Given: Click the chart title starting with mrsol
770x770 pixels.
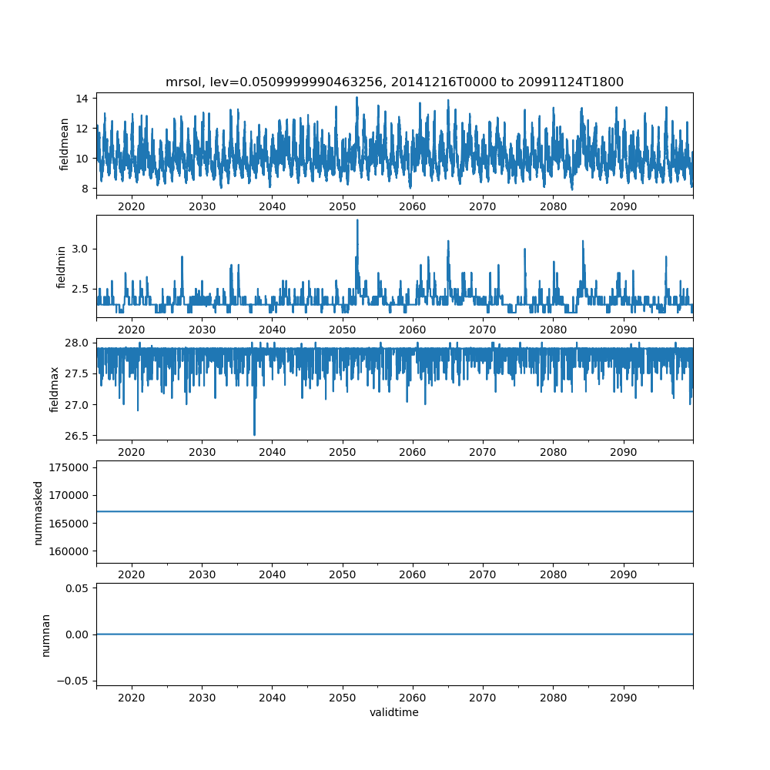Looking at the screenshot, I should point(394,82).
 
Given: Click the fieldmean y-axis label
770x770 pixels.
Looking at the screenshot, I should point(65,144).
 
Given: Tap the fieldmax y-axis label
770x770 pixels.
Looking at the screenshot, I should point(55,389).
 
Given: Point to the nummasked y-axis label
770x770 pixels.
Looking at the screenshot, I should point(38,512).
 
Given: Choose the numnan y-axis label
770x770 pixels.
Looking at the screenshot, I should point(46,634).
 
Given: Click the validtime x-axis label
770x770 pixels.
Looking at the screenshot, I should point(394,712).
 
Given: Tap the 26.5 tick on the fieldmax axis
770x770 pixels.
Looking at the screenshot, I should point(79,436).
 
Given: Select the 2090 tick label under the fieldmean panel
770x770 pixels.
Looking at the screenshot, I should point(623,206).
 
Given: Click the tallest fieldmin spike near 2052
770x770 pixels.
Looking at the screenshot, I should point(357,220).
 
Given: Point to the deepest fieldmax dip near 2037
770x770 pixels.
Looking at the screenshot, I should point(254,435).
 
